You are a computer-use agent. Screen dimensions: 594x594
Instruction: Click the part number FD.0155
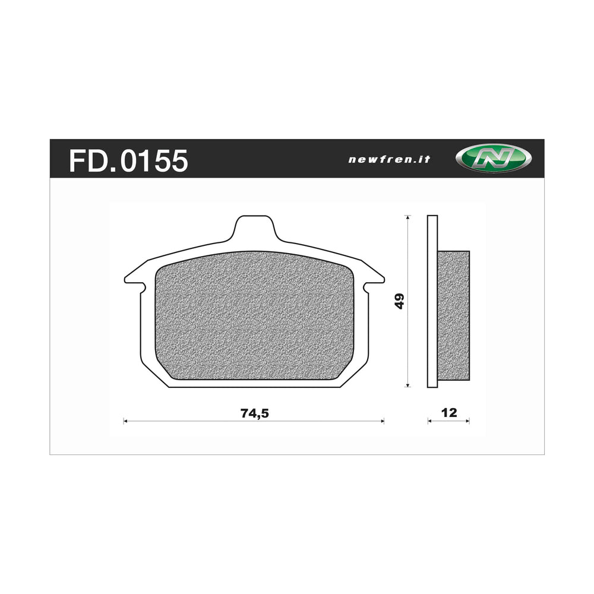pos(128,160)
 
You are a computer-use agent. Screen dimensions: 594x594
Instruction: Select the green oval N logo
pos(493,159)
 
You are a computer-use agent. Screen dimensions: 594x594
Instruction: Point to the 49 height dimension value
pos(400,301)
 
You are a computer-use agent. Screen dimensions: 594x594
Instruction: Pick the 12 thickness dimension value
pos(450,413)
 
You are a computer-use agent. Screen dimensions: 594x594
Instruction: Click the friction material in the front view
pos(254,315)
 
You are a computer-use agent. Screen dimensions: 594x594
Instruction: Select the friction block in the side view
pos(453,315)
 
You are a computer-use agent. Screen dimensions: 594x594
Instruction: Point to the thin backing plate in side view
pos(432,301)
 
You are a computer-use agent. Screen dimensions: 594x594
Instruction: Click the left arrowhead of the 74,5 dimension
pos(125,421)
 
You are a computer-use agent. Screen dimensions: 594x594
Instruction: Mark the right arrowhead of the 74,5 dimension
pos(382,421)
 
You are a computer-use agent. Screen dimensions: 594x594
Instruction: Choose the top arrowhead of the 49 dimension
pos(407,217)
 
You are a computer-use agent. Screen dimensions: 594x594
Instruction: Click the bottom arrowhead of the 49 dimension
pos(407,385)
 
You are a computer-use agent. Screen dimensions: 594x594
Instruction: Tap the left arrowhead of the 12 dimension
pos(429,421)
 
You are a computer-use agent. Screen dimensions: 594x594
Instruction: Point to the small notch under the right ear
pos(366,287)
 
